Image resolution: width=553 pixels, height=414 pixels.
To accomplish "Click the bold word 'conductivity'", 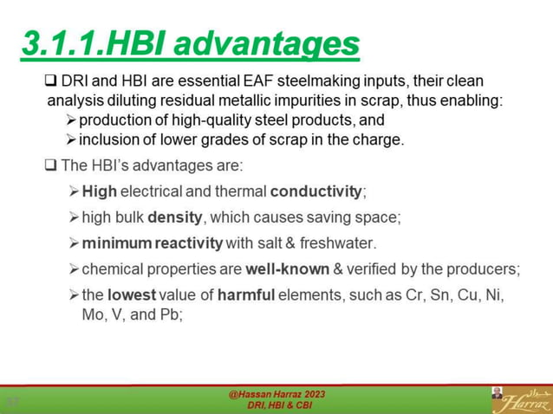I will [316, 191].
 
